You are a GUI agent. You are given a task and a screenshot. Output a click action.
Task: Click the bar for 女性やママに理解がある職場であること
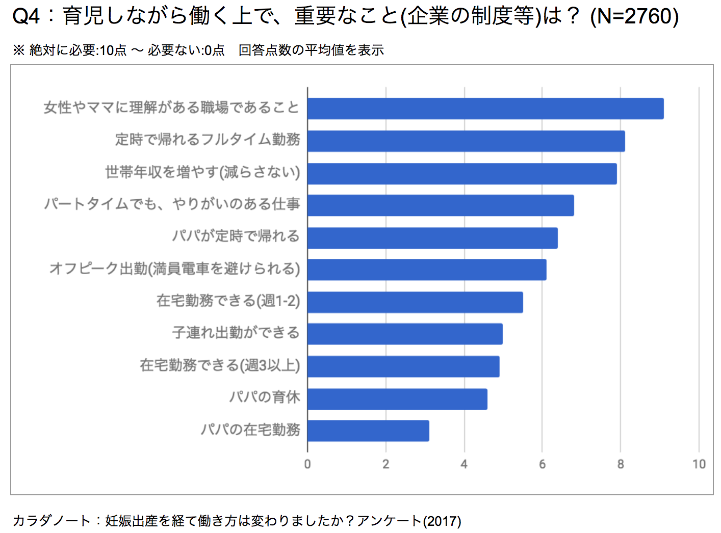point(485,109)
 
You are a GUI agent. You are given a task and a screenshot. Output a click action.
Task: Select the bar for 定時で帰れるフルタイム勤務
point(466,141)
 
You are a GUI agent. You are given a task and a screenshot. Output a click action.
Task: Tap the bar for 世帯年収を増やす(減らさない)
point(461,173)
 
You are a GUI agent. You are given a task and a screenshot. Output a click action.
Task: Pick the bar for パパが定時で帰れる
point(432,238)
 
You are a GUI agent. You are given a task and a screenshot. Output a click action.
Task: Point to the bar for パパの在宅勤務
point(368,431)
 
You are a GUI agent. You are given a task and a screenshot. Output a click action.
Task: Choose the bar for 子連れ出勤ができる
point(404,334)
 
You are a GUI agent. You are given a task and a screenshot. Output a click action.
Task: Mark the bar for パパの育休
point(397,399)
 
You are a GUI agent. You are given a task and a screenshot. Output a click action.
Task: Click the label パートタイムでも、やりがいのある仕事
point(172,204)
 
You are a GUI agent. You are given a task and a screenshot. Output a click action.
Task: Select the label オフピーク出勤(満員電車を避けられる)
point(174,269)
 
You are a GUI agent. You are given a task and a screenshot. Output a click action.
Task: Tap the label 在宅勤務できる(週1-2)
point(228,301)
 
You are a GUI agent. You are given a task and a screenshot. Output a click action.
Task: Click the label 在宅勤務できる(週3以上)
point(220,365)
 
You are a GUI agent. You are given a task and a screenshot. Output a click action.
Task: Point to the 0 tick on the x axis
point(307,464)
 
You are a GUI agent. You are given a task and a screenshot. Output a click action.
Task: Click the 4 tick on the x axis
point(464,464)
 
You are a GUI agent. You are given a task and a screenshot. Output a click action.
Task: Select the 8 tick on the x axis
point(621,464)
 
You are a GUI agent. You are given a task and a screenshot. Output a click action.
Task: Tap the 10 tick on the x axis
point(699,464)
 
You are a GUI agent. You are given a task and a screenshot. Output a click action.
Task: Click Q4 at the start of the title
point(25,16)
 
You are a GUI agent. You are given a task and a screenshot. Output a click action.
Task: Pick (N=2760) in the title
point(634,16)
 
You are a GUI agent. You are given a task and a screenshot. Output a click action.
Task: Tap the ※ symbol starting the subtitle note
point(19,50)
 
